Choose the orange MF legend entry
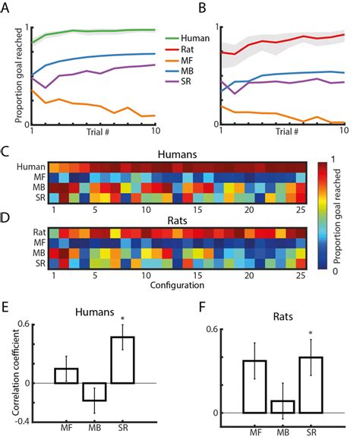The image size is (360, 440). tap(177, 62)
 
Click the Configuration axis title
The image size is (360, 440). tap(175, 287)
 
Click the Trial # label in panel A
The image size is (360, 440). tap(92, 134)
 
